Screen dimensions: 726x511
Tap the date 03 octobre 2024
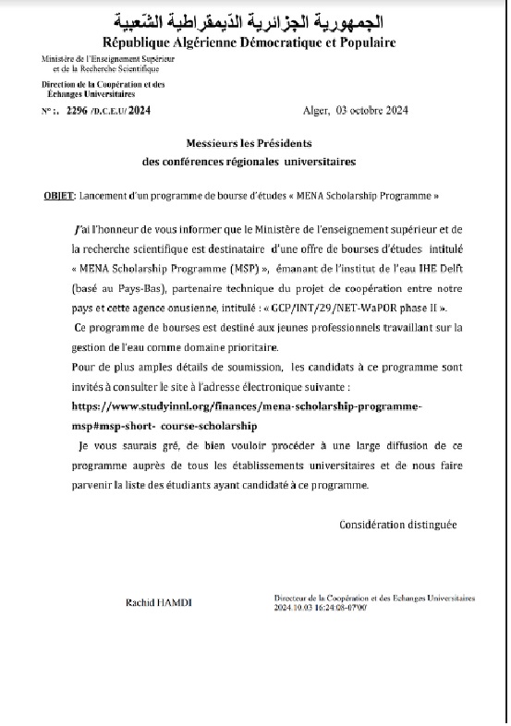(373, 110)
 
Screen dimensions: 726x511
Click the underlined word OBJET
(60, 198)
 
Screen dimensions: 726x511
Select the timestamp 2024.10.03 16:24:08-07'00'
(322, 608)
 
